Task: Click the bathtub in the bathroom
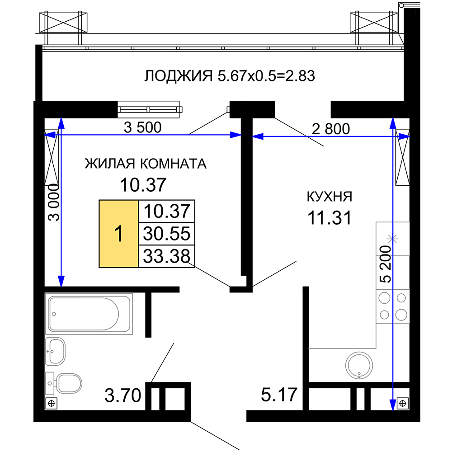89,314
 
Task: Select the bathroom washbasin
55,351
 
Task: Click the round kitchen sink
359,365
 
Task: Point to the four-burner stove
393,306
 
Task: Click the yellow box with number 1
119,234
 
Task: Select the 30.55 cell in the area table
167,234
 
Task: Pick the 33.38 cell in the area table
167,256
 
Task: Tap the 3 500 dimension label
142,127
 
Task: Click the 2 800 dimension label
331,129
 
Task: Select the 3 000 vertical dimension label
54,202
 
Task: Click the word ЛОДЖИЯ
178,76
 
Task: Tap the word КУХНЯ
330,197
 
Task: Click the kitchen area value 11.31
330,218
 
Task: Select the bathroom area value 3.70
123,395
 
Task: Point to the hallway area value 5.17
279,395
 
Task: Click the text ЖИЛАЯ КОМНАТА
146,164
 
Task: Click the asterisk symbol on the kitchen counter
392,239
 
